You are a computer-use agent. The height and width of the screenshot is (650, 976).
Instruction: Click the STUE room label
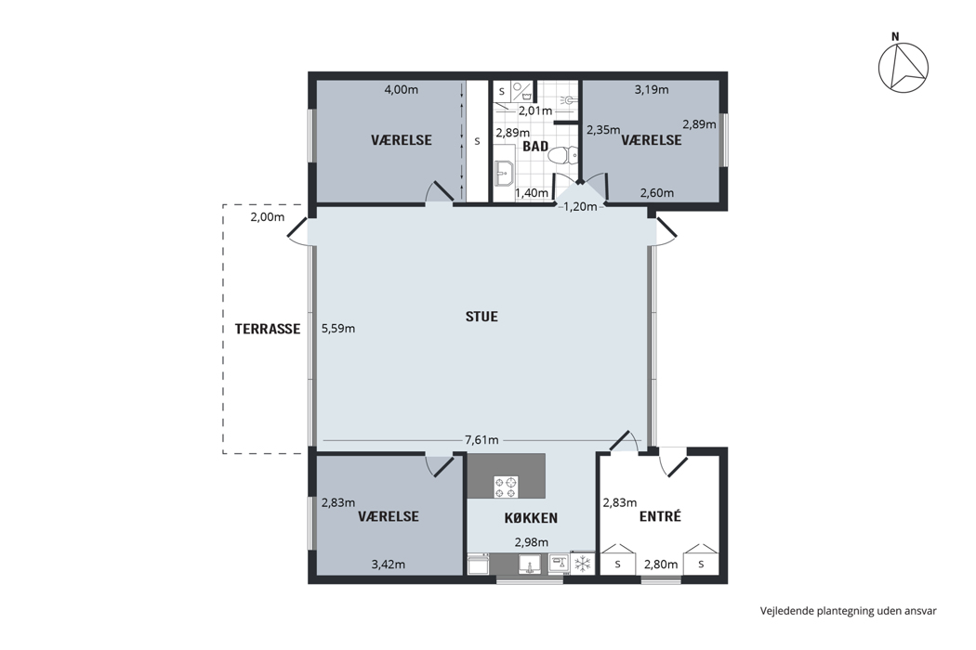click(x=481, y=317)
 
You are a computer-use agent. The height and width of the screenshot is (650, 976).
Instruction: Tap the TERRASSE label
click(x=268, y=329)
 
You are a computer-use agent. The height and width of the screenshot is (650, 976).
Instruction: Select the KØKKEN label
click(x=531, y=517)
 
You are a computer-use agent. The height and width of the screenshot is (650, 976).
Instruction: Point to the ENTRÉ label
click(x=660, y=516)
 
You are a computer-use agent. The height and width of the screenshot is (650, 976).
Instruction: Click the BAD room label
click(x=535, y=146)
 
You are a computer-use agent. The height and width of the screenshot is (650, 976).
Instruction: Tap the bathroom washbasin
click(x=503, y=173)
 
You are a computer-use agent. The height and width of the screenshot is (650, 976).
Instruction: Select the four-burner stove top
click(x=506, y=487)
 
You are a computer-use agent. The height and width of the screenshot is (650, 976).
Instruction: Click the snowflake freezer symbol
click(x=583, y=565)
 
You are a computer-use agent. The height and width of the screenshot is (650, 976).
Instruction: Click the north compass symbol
click(x=903, y=65)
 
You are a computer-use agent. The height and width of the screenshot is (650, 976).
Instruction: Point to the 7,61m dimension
click(x=481, y=440)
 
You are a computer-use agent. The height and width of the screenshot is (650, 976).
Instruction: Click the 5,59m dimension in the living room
click(x=338, y=329)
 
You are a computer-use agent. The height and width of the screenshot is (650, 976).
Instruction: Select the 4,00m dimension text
click(x=401, y=89)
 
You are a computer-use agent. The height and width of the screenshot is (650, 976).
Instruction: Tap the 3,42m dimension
click(x=389, y=565)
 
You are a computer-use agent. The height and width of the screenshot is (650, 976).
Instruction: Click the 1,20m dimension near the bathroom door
click(x=580, y=206)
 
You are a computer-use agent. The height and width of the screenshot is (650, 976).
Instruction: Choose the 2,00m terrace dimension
click(x=267, y=217)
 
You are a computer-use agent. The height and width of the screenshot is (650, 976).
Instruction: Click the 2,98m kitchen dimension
click(x=532, y=542)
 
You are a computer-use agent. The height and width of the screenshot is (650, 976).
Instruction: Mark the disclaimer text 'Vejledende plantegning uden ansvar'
click(x=849, y=611)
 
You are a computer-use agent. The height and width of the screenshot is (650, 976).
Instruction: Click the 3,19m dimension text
click(x=652, y=89)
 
